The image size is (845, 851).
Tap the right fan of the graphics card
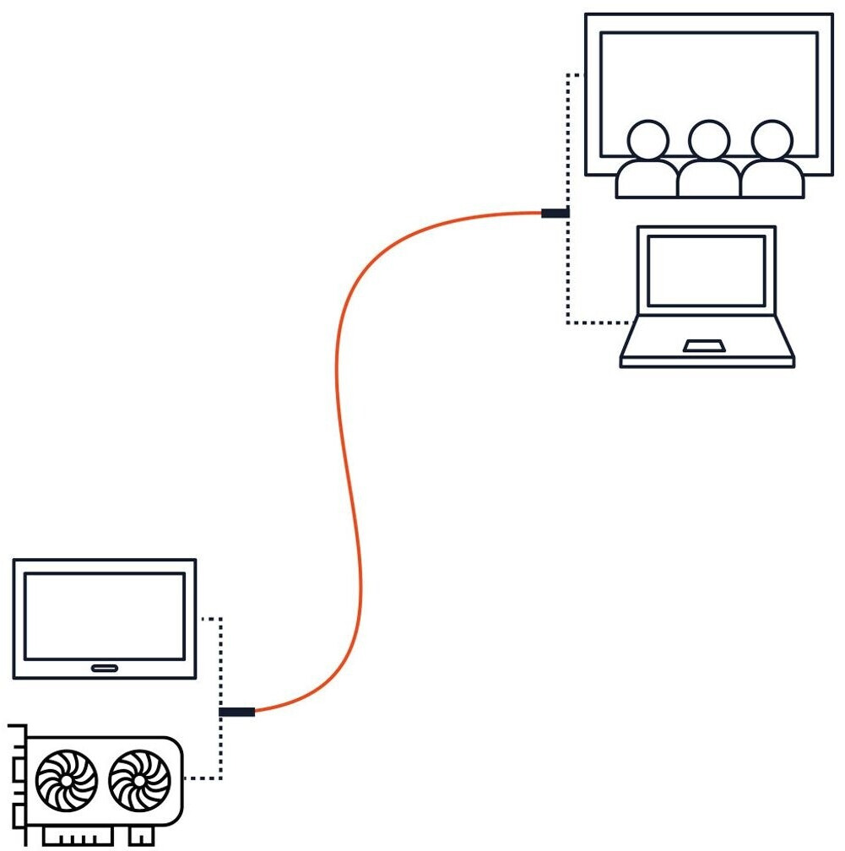click(140, 779)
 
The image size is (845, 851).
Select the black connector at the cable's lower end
click(236, 712)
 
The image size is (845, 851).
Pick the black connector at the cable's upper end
click(554, 213)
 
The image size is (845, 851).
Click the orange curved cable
click(342, 422)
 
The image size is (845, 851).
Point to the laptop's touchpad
click(703, 345)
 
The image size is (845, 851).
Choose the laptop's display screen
click(706, 270)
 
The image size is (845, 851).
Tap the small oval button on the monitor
click(105, 669)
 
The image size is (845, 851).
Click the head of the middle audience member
click(709, 139)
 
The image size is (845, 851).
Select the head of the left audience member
click(647, 139)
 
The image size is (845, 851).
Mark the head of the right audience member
click(772, 139)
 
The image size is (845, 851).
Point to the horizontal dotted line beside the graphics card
click(203, 778)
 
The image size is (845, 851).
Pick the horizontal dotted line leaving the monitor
click(209, 619)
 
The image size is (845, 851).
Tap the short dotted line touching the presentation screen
click(575, 75)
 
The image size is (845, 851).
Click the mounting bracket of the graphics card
click(18, 781)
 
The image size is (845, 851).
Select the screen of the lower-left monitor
click(105, 616)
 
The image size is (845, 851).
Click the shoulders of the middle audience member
click(709, 179)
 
